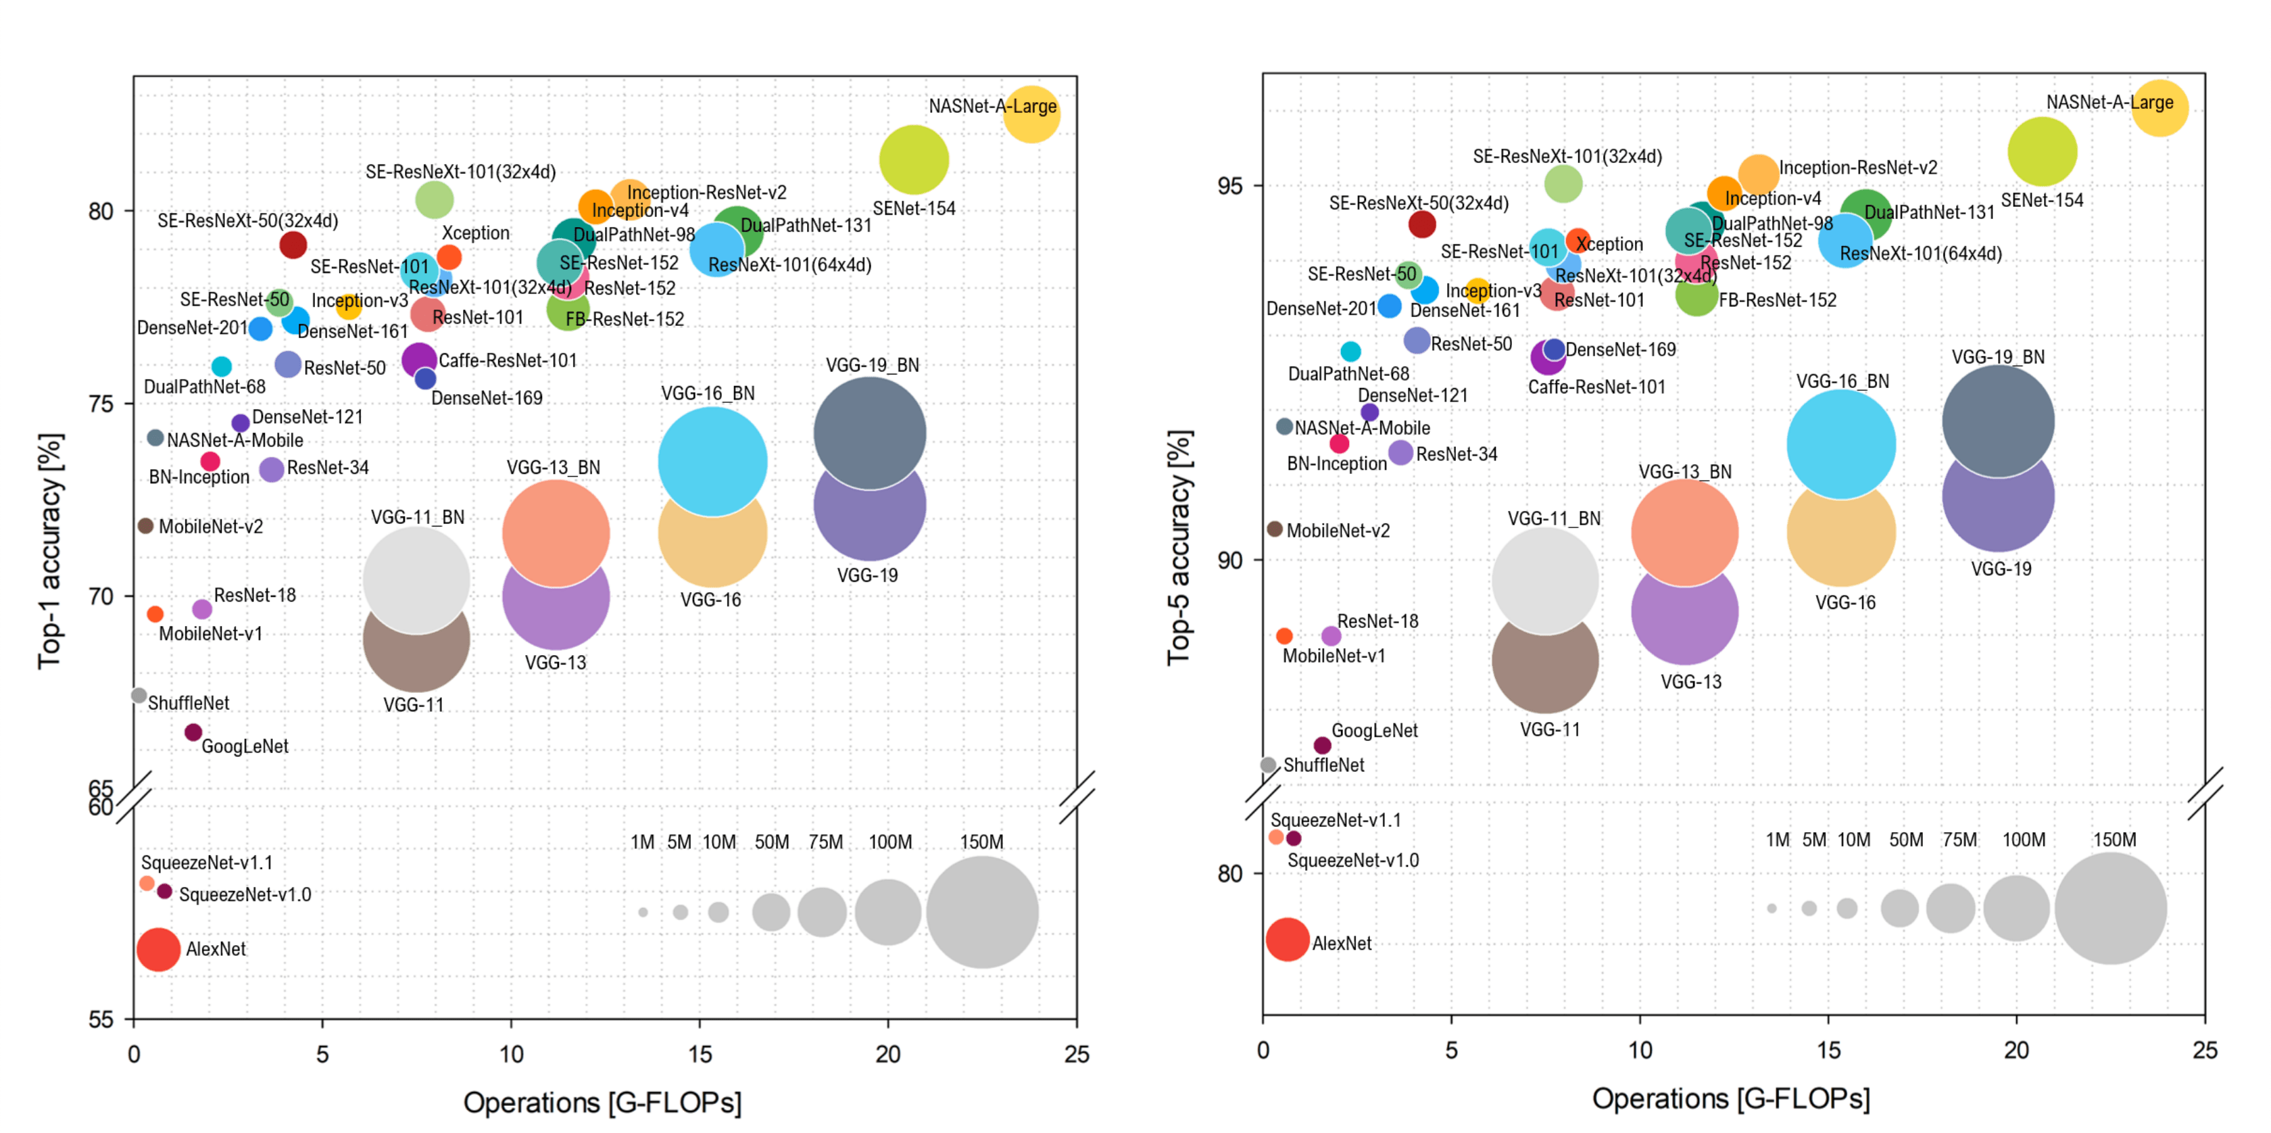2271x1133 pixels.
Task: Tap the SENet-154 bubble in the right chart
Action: click(2042, 151)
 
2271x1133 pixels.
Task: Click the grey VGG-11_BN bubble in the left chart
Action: click(416, 579)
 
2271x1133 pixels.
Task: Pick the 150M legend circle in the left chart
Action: click(982, 912)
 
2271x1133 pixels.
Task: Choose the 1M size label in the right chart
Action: click(1778, 840)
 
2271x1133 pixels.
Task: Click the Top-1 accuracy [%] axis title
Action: click(50, 551)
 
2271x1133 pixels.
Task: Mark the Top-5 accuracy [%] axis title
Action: click(1179, 547)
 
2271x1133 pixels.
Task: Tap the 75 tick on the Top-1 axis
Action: click(101, 404)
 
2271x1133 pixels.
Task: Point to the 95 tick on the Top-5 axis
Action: click(1230, 186)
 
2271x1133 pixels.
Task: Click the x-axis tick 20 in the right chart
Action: click(2017, 1050)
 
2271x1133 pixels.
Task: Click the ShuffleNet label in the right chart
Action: click(1323, 765)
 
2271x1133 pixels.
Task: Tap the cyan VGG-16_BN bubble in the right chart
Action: click(1842, 443)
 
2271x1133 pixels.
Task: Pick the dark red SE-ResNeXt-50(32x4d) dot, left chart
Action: click(293, 244)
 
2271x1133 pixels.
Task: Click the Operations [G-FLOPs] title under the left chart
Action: click(602, 1102)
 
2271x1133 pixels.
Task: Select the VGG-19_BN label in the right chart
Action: click(1998, 357)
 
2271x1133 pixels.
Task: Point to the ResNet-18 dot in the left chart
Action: click(202, 608)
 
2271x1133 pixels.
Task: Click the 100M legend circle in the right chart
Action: click(2016, 907)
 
